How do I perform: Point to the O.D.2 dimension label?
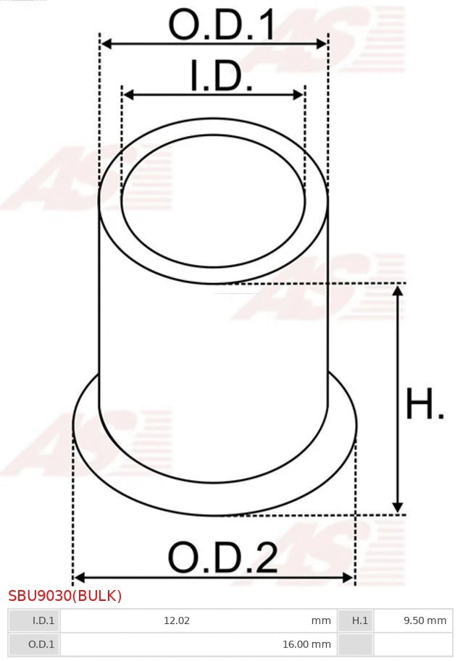[x=222, y=557]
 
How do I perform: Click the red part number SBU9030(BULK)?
[x=65, y=596]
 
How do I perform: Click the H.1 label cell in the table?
[x=360, y=620]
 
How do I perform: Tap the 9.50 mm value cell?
[x=425, y=620]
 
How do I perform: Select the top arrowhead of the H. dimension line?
[x=397, y=290]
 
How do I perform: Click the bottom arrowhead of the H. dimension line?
[x=397, y=508]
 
